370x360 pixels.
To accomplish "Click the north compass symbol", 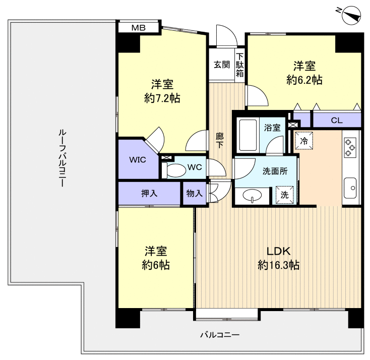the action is point(351,15).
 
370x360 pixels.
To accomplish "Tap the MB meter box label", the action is point(138,28).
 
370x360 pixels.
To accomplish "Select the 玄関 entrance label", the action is point(222,64).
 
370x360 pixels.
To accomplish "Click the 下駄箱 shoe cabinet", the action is point(240,65).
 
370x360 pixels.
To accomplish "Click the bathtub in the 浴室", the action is point(248,135).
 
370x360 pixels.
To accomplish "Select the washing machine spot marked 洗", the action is point(285,195).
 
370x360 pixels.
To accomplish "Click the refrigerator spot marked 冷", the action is point(304,141).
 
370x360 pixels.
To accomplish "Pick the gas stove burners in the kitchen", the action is point(350,148).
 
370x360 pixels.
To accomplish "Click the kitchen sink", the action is point(350,188).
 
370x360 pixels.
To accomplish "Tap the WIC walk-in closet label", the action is point(138,160).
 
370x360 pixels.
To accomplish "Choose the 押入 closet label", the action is point(149,193).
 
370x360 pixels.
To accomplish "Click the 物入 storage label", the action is point(195,193).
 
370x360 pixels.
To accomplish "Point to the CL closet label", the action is point(337,121).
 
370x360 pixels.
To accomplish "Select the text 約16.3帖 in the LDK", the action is point(278,265).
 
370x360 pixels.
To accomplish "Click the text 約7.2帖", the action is point(162,98).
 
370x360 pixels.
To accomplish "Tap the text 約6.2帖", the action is point(304,80).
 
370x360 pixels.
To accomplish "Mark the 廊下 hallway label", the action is point(220,141).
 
